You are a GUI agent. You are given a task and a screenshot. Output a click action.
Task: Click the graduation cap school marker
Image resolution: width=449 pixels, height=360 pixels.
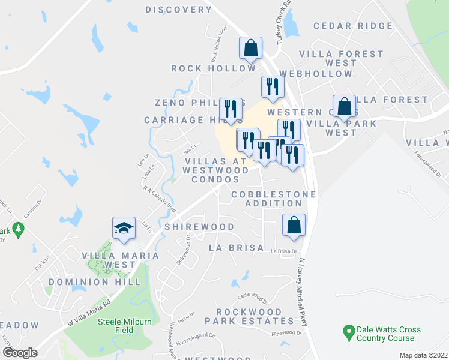tap(123, 229)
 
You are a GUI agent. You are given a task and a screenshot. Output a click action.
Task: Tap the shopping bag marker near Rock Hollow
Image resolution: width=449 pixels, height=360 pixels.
tap(250, 48)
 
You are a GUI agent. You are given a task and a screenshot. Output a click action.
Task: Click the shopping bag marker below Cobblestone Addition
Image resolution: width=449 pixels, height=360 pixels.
tap(294, 225)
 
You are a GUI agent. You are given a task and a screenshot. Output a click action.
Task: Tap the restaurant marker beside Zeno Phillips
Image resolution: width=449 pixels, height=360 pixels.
tap(231, 109)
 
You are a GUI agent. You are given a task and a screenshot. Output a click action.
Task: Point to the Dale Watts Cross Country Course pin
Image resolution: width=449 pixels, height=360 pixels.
tap(347, 331)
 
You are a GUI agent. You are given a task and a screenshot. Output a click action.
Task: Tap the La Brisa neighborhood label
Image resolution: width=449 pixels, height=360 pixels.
tap(236, 247)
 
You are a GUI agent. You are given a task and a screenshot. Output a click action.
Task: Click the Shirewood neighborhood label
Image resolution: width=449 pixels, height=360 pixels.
tap(199, 227)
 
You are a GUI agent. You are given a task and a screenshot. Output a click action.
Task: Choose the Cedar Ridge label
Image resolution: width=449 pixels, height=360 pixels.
tap(353, 26)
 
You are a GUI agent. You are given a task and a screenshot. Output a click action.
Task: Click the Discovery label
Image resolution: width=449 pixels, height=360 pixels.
tap(179, 10)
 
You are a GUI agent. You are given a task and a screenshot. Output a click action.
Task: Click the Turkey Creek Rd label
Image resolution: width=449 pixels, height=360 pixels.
tap(283, 20)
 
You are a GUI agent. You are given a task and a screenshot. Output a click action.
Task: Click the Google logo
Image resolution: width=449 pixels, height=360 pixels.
tap(19, 353)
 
